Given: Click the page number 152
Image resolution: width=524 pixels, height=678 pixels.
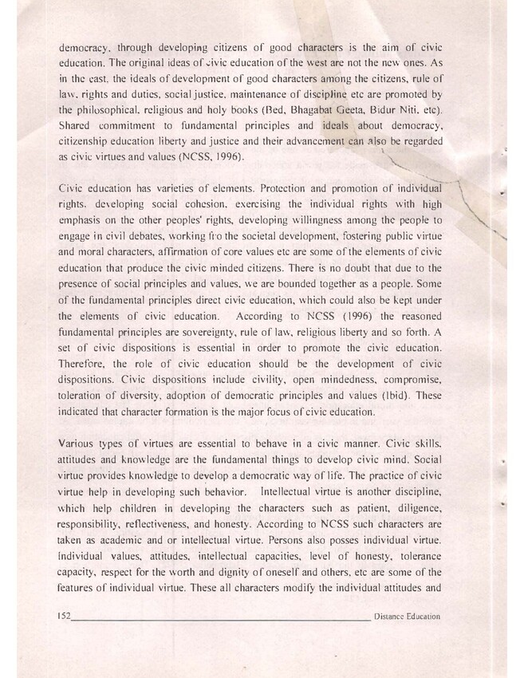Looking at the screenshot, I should pyautogui.click(x=65, y=616).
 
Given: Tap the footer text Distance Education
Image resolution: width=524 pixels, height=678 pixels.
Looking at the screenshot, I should pyautogui.click(x=407, y=617).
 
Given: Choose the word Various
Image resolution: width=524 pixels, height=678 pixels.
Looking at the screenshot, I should pyautogui.click(x=80, y=443).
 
